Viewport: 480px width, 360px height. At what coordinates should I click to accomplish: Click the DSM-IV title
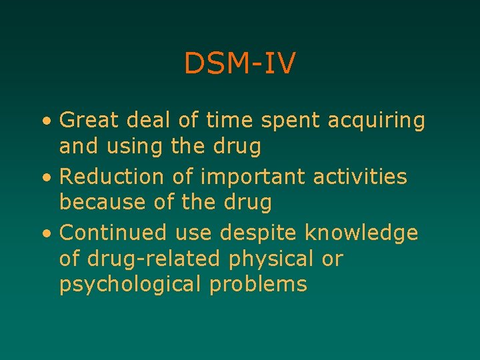pos(240,64)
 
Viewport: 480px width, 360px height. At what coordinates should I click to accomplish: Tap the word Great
pos(89,121)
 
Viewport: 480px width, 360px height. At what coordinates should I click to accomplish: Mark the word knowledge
pos(361,233)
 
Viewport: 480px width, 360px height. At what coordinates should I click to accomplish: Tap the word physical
pos(276,258)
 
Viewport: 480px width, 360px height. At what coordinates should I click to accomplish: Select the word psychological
pos(131,284)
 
